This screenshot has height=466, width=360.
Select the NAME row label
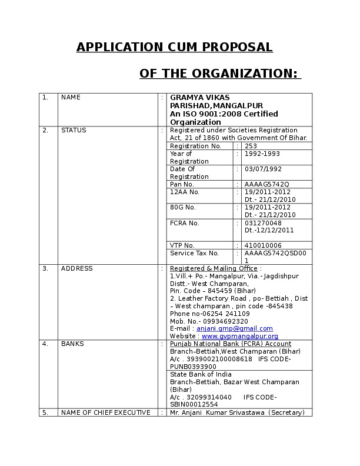tap(71, 98)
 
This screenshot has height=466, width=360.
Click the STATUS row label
tap(74, 131)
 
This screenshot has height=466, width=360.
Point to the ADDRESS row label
tap(77, 269)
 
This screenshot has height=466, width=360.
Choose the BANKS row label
tap(72, 344)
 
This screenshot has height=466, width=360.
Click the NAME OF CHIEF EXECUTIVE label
tap(106, 413)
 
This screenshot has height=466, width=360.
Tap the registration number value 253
tap(251, 146)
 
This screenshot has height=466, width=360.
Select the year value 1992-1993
tap(262, 154)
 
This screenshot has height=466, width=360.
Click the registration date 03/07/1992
tap(262, 169)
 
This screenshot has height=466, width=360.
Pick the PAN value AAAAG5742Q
tap(266, 184)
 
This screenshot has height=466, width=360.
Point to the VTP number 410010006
tap(263, 245)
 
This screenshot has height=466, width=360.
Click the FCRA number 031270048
tap(263, 223)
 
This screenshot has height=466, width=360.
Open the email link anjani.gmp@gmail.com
tap(235, 329)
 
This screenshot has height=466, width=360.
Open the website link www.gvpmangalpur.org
tap(240, 337)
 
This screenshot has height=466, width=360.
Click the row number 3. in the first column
tap(45, 269)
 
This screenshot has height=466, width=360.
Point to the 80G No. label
tap(183, 208)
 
